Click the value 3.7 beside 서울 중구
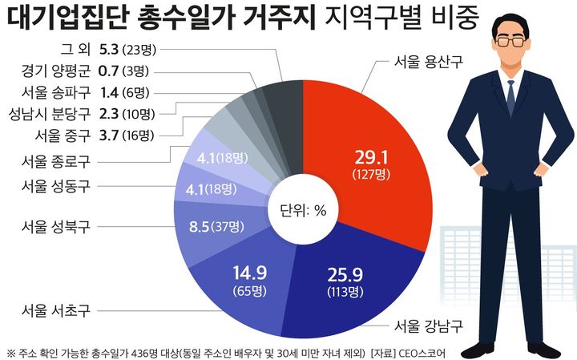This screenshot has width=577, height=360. [x=110, y=133]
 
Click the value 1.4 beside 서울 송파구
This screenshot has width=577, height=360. [x=110, y=91]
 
